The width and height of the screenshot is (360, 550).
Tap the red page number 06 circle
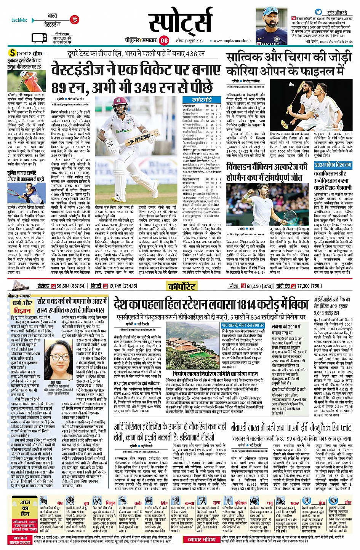[164, 40]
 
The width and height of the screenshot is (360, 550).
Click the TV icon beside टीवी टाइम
[40, 38]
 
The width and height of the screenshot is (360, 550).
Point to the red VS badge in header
[75, 19]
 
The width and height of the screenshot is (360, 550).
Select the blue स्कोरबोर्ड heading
[202, 100]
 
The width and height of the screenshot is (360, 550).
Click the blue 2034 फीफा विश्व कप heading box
[333, 165]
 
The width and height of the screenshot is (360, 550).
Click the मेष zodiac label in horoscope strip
[60, 503]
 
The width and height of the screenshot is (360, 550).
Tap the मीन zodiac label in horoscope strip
[348, 503]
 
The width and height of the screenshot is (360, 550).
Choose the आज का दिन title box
[25, 508]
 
